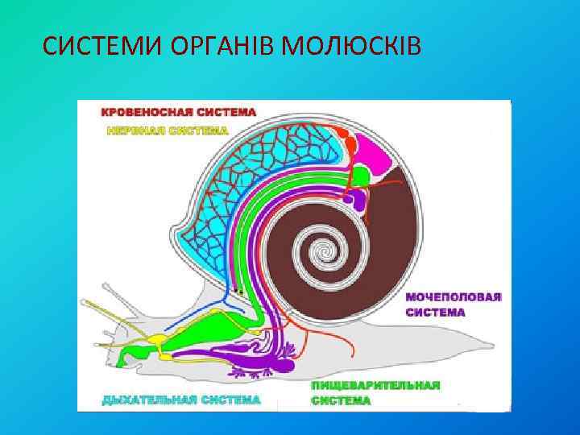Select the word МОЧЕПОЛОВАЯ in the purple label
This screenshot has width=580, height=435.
(x=454, y=296)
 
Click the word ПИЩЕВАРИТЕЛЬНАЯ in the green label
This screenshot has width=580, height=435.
(x=375, y=385)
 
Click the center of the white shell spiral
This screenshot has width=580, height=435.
(x=327, y=251)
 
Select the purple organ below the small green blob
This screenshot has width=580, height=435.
(x=354, y=198)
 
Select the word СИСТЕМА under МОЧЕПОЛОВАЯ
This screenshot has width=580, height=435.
(x=435, y=313)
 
